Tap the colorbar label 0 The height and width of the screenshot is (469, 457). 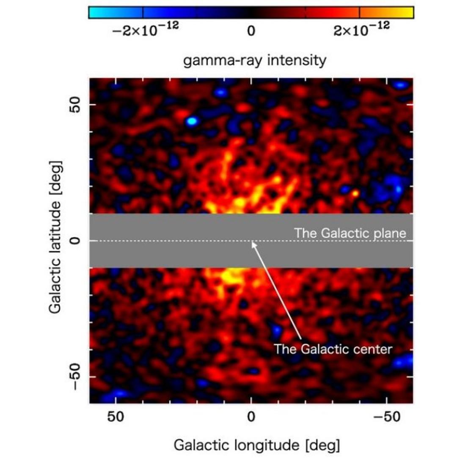pos(251,32)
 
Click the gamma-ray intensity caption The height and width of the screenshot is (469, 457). pos(255,60)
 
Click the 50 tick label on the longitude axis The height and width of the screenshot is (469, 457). pos(115,417)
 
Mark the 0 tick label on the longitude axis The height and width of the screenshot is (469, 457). pos(251,417)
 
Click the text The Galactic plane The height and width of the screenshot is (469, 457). pos(350,233)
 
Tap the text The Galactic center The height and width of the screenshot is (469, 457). pos(333,349)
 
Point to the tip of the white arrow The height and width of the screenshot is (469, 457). pos(252,242)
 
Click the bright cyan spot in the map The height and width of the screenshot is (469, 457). pos(192,122)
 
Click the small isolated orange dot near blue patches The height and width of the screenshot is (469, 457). pos(355,193)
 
